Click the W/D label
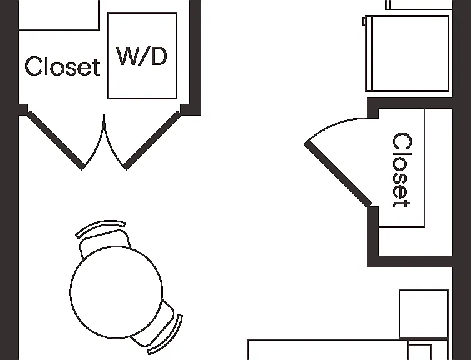pos(142,56)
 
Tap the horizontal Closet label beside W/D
pos(62,66)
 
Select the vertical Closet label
pos(402,170)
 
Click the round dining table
pos(116,292)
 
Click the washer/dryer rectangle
pos(142,56)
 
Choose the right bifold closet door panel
pos(152,140)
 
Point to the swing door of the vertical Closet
pos(339,174)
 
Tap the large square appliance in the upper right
pos(407,53)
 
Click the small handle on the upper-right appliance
pos(364,21)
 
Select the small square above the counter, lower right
pos(424,314)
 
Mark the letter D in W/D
pos(159,56)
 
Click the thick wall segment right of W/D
pos(196,57)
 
